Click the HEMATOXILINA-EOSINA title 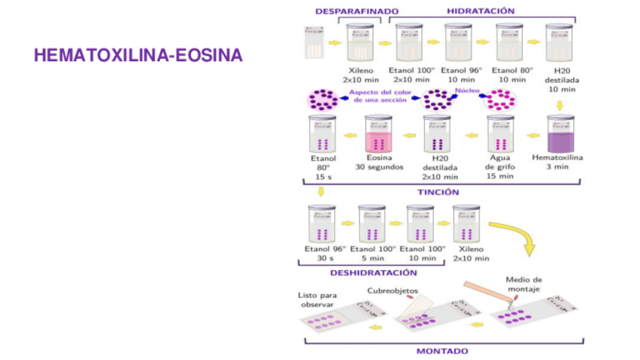click(138, 56)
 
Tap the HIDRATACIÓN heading click(480, 11)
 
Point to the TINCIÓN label click(438, 192)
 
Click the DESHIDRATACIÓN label click(373, 272)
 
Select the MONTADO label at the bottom click(442, 351)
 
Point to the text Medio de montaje click(524, 284)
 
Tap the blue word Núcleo click(466, 91)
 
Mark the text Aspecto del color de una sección click(380, 96)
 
